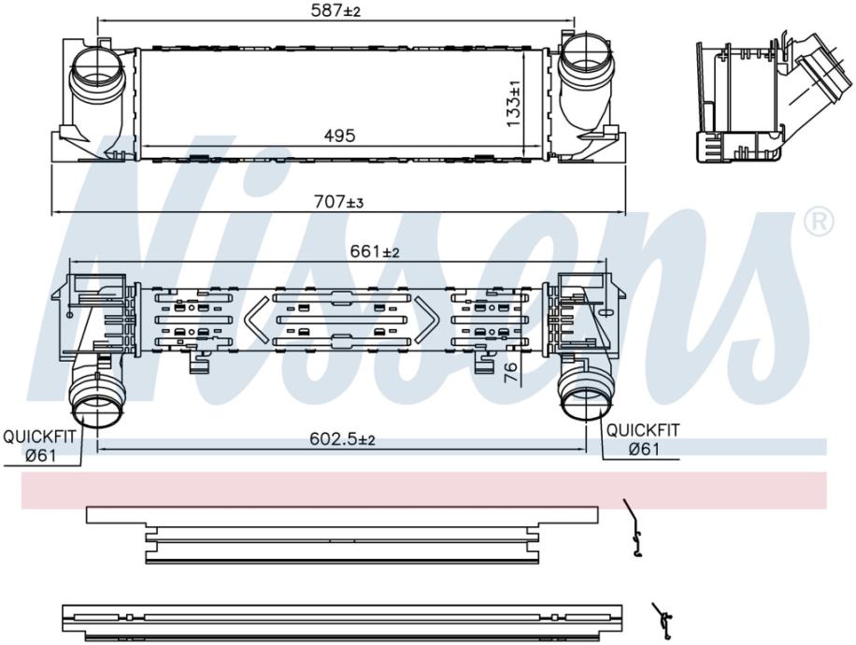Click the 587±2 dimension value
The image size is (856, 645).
click(x=335, y=10)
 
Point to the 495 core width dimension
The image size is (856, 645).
click(x=339, y=136)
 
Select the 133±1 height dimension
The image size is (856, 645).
click(x=514, y=104)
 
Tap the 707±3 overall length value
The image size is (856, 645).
click(x=338, y=202)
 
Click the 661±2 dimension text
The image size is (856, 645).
click(x=375, y=251)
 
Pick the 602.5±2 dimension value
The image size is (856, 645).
click(x=342, y=438)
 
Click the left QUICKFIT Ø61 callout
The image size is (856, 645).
click(x=39, y=445)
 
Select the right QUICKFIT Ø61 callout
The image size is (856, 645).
click(x=643, y=439)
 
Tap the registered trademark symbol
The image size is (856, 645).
click(x=819, y=222)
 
